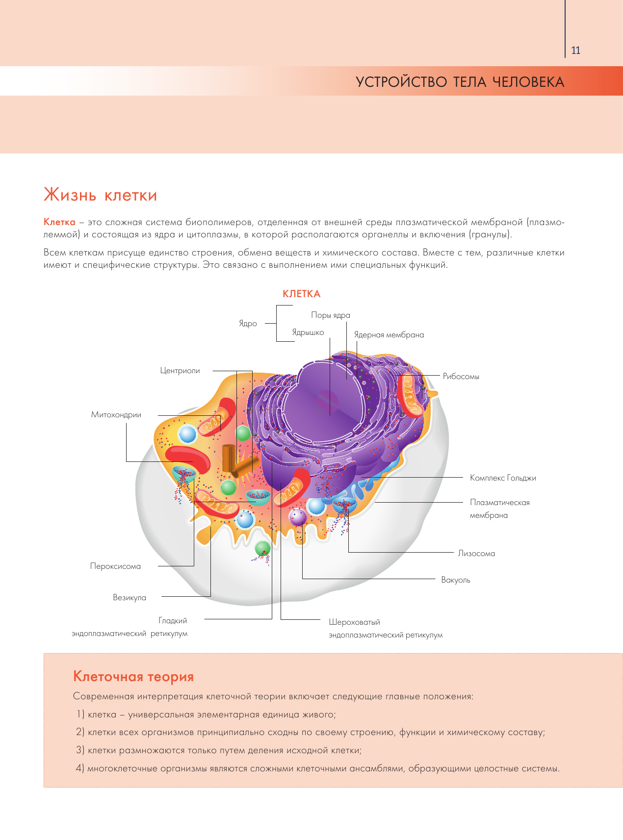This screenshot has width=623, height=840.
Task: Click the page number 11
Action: [575, 51]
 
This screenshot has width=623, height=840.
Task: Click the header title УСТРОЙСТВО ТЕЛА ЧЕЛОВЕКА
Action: [460, 82]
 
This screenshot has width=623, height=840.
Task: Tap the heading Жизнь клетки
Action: [101, 195]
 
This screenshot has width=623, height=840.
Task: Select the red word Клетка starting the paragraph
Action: [59, 222]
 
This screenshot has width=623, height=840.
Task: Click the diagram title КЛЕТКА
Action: [301, 294]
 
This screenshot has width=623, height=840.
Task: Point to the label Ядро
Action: [248, 324]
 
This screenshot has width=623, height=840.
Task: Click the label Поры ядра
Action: [330, 315]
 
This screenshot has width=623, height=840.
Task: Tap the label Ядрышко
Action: [308, 332]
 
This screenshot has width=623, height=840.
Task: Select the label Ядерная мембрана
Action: [389, 335]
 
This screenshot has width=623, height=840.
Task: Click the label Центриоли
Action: [180, 371]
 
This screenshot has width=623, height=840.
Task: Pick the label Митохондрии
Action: [116, 415]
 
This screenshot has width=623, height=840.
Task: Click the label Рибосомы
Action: [461, 377]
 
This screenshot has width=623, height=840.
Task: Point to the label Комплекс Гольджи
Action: [502, 478]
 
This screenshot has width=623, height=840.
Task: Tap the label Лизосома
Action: [476, 554]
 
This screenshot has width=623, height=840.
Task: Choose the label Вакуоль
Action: [455, 580]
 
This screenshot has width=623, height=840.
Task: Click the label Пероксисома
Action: [115, 566]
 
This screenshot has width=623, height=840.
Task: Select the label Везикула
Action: [130, 598]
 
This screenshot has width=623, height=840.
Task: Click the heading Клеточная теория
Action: [133, 677]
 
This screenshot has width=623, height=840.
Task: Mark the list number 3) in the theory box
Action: [80, 750]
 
